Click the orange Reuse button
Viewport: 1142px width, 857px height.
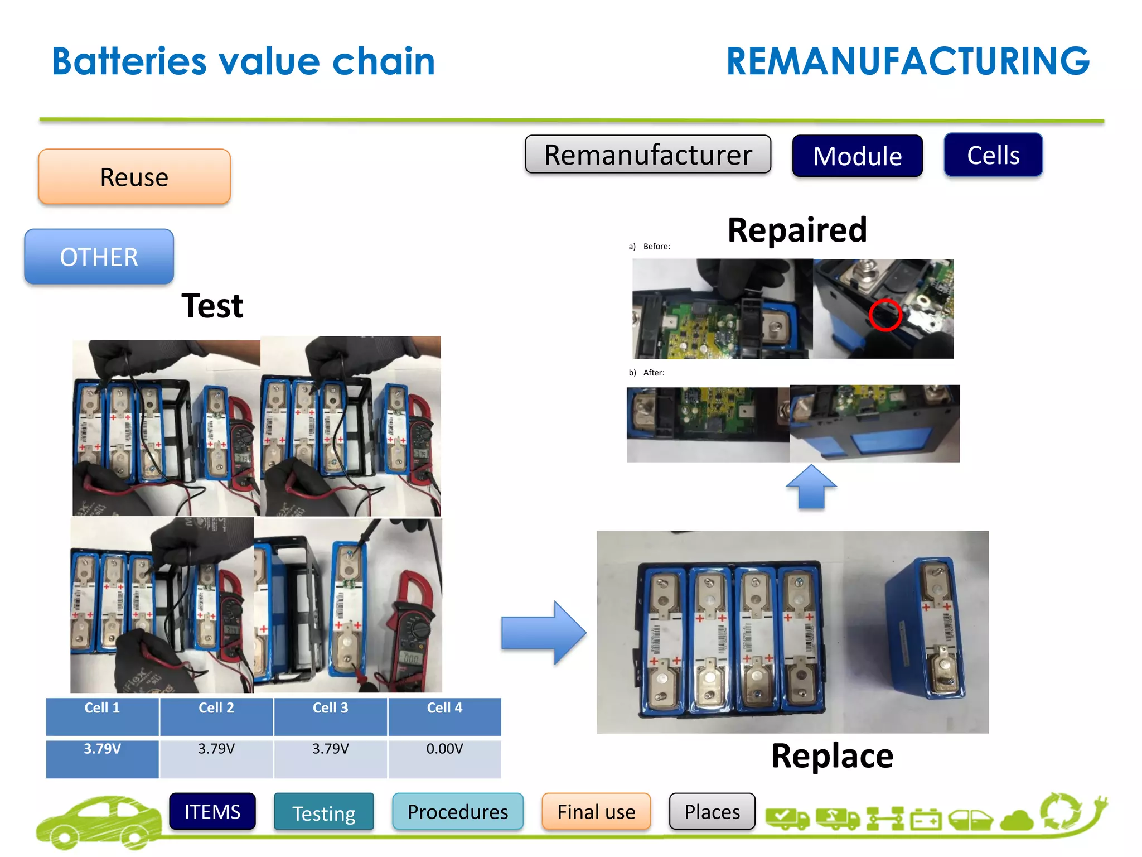point(134,177)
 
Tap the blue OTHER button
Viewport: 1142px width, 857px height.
point(99,257)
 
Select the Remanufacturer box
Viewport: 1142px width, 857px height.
point(648,155)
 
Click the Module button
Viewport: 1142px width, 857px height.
point(857,156)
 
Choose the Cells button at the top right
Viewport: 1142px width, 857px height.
point(993,155)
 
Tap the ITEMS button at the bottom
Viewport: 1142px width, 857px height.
point(212,811)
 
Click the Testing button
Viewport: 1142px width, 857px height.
point(324,812)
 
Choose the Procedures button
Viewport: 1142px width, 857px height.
point(458,811)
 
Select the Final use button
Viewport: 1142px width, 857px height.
point(596,811)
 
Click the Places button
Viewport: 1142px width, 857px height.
point(712,811)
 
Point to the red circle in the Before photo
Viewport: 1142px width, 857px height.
point(885,315)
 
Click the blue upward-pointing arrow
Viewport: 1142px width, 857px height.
point(811,487)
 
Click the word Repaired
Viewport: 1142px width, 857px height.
point(797,230)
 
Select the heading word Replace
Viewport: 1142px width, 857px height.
point(832,756)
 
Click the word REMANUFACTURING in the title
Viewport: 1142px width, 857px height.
point(907,61)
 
